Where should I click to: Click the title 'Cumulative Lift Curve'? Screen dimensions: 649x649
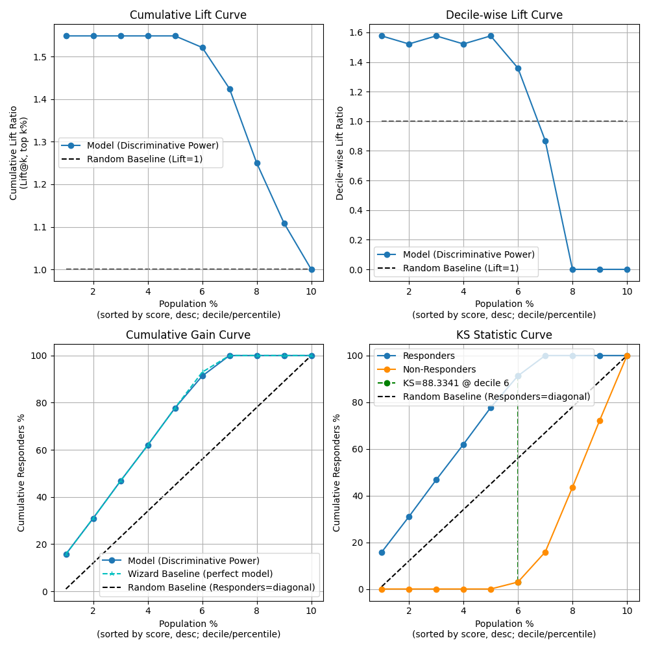click(188, 15)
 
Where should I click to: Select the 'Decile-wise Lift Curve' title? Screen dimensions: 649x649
click(504, 15)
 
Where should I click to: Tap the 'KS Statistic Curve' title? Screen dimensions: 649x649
click(504, 335)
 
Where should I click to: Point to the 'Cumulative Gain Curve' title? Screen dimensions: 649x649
click(188, 335)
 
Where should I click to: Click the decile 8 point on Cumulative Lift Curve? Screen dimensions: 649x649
click(257, 163)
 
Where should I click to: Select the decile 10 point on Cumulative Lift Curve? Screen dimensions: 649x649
click(312, 269)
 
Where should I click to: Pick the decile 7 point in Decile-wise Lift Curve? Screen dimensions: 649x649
click(545, 141)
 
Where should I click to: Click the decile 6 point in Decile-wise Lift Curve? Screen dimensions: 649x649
click(518, 68)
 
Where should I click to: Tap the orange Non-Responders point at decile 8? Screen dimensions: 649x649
click(572, 487)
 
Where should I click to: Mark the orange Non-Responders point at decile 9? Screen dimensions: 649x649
click(600, 421)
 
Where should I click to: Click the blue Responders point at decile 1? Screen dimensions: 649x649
click(382, 552)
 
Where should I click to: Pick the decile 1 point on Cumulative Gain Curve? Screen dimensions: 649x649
click(66, 554)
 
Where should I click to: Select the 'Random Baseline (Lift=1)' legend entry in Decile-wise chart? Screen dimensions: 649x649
click(454, 268)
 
